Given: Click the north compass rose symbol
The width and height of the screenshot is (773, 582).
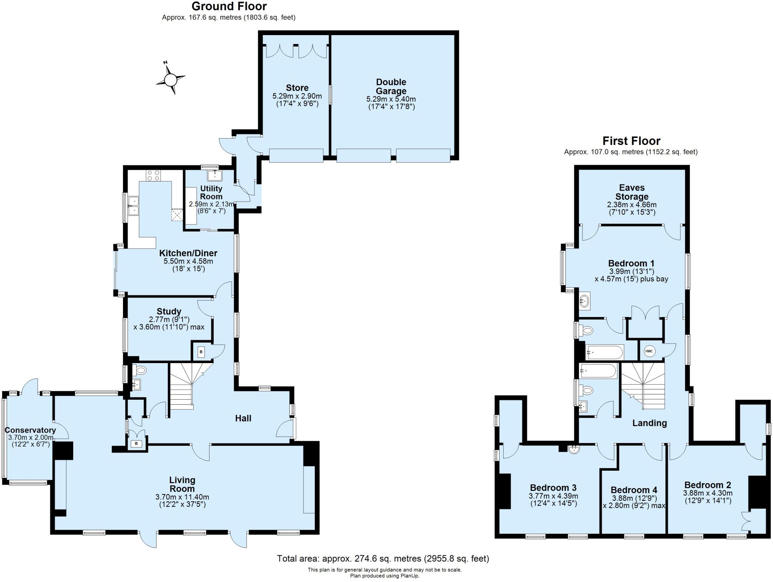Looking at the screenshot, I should [171, 79].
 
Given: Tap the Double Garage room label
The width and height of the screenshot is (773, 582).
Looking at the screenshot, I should [391, 86].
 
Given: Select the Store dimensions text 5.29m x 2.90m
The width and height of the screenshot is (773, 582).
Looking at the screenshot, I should [297, 96].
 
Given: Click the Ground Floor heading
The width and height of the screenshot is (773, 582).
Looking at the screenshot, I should [229, 6].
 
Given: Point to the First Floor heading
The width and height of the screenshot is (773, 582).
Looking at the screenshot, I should [631, 141].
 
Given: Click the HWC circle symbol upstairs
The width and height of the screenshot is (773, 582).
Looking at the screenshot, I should [649, 351].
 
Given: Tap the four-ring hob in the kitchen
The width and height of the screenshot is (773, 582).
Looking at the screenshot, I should [153, 175].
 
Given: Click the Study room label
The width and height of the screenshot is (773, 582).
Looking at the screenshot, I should [169, 311].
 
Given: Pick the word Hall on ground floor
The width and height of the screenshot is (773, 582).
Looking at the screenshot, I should [243, 418].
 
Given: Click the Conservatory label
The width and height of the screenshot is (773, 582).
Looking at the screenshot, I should [30, 430].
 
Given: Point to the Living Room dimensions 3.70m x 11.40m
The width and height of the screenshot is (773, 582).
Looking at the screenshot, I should [182, 497].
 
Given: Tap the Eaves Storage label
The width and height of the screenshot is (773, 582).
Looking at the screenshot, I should [631, 192].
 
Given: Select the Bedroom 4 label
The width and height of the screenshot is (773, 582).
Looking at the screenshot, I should [634, 490].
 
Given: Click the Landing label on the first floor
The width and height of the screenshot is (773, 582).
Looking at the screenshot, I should [649, 423].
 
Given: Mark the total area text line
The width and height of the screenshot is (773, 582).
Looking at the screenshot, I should [383, 558].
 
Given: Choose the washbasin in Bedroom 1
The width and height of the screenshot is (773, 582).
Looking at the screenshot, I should [584, 301].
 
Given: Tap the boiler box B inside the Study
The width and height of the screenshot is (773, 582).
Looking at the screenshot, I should [201, 352].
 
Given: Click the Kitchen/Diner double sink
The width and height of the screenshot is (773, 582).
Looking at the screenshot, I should [133, 205].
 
